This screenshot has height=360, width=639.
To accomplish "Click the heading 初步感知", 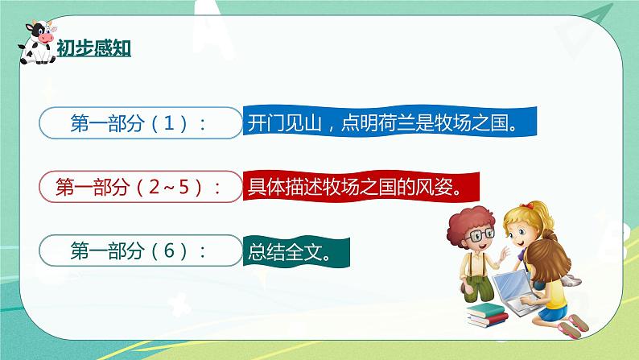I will pyautogui.click(x=93, y=48).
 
